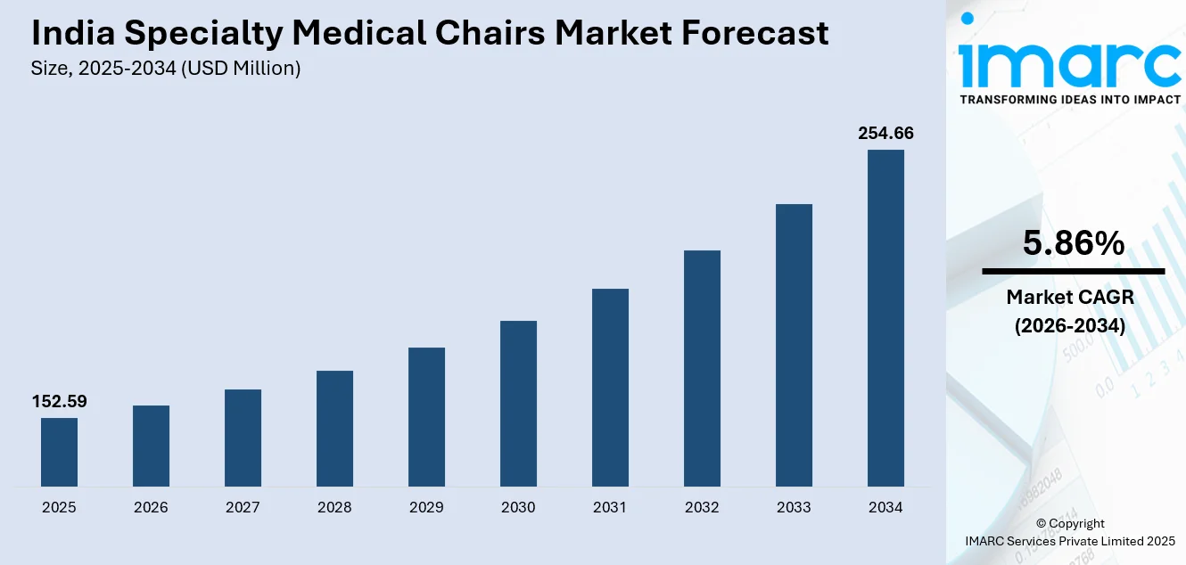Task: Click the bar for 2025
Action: pos(59,452)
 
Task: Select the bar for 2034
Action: pos(885,318)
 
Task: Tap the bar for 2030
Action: pos(518,404)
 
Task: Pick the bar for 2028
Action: pos(334,429)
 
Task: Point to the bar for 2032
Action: pos(702,368)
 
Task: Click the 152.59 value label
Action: pos(59,402)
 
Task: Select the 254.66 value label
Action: pos(885,134)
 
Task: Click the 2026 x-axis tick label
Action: pos(151,508)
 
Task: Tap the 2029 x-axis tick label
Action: pos(426,508)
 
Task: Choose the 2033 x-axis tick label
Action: pos(794,508)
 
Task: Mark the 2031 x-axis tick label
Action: pos(610,508)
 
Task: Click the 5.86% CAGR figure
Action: pos(1073,243)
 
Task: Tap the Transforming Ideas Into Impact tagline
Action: pos(1069,99)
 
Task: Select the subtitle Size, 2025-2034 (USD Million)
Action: pos(166,68)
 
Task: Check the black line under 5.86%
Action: pos(1073,271)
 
